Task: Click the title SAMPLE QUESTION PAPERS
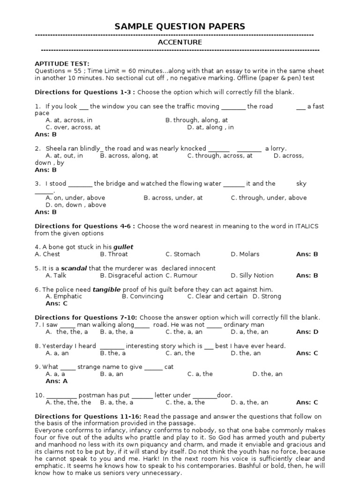pyautogui.click(x=180, y=27)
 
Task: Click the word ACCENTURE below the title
pyautogui.click(x=180, y=42)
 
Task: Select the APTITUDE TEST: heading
pyautogui.click(x=62, y=64)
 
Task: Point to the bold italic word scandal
pyautogui.click(x=74, y=268)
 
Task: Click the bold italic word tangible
pyautogui.click(x=106, y=289)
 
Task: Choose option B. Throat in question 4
pyautogui.click(x=114, y=254)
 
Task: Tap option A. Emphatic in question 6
pyautogui.click(x=64, y=296)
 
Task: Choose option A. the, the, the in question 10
pyautogui.click(x=68, y=402)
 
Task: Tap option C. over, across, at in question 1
pyautogui.click(x=73, y=127)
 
